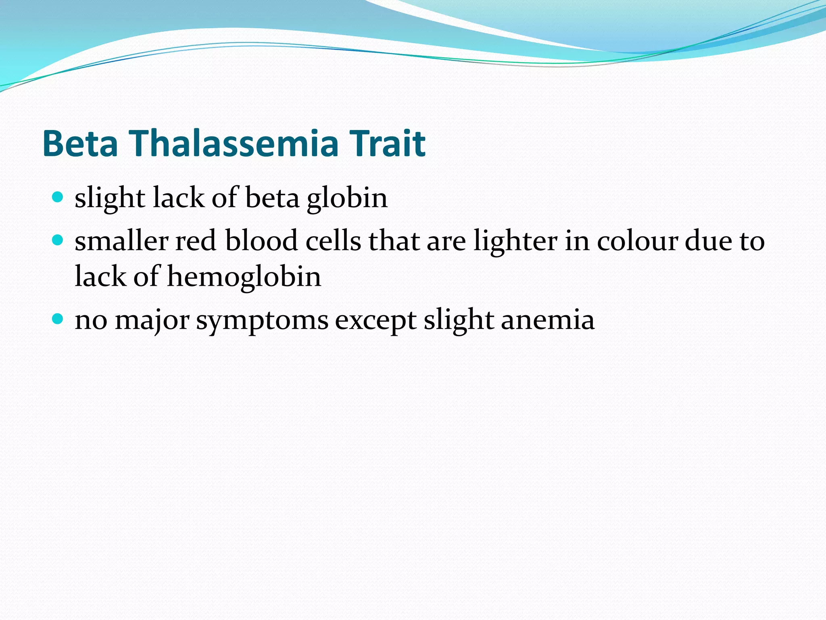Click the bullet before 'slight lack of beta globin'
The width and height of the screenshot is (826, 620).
click(58, 197)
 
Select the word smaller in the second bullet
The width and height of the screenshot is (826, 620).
click(121, 241)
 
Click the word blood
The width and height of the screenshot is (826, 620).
click(261, 241)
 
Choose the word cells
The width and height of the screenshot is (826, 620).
click(333, 241)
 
